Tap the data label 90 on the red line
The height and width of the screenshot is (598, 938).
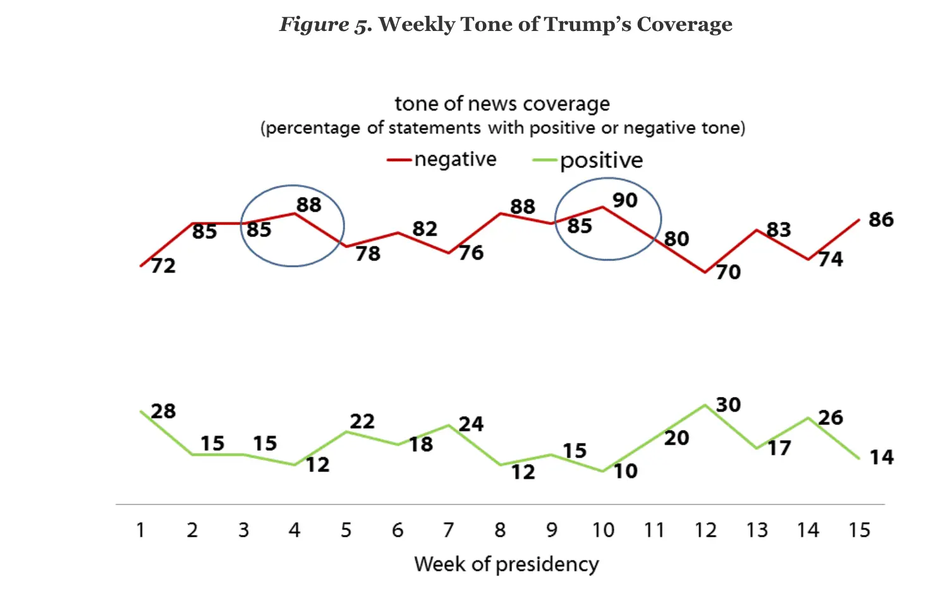pyautogui.click(x=624, y=200)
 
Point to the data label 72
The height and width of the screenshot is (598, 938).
pyautogui.click(x=163, y=266)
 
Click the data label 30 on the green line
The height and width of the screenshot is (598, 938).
pyautogui.click(x=728, y=405)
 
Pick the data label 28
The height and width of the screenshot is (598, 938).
pyautogui.click(x=163, y=412)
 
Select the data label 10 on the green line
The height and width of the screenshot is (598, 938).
pyautogui.click(x=625, y=471)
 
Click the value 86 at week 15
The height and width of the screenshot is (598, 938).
pyautogui.click(x=880, y=220)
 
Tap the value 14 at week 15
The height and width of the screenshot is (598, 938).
pyautogui.click(x=881, y=457)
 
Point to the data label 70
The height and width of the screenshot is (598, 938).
pyautogui.click(x=728, y=272)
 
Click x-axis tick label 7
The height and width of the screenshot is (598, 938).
pyautogui.click(x=448, y=530)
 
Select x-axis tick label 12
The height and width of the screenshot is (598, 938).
pyautogui.click(x=705, y=530)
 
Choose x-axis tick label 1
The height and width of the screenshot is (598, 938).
pyautogui.click(x=140, y=530)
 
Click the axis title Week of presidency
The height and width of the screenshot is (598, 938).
pyautogui.click(x=506, y=564)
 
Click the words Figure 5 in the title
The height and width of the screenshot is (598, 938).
pyautogui.click(x=325, y=25)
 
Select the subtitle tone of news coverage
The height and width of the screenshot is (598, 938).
pyautogui.click(x=502, y=104)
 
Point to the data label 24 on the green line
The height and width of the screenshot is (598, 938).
pyautogui.click(x=471, y=424)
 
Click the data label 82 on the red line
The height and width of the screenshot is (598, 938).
pyautogui.click(x=425, y=229)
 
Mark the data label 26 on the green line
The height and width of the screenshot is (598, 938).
pyautogui.click(x=830, y=418)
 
